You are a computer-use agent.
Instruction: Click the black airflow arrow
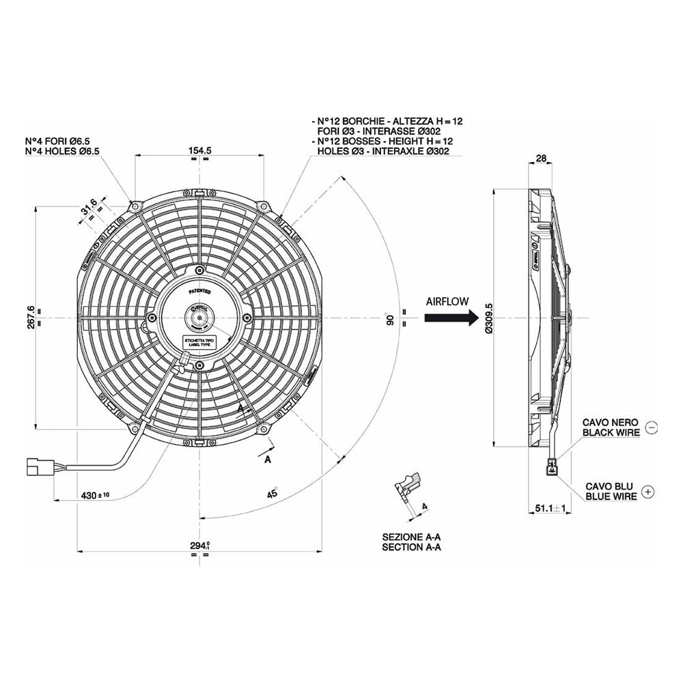pos(450,318)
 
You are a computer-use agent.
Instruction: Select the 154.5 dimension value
pos(199,150)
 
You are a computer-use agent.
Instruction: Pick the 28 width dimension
pos(540,158)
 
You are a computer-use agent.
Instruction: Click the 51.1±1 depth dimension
pos(550,508)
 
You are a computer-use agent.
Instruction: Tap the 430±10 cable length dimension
pos(95,494)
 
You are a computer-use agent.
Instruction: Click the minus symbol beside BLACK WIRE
pos(650,428)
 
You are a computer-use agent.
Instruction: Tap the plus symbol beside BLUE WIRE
pos(649,491)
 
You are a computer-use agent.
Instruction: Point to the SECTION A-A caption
pos(411,547)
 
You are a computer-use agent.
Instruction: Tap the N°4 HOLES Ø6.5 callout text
pos(62,150)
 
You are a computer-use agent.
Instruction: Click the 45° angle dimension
pos(272,492)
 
